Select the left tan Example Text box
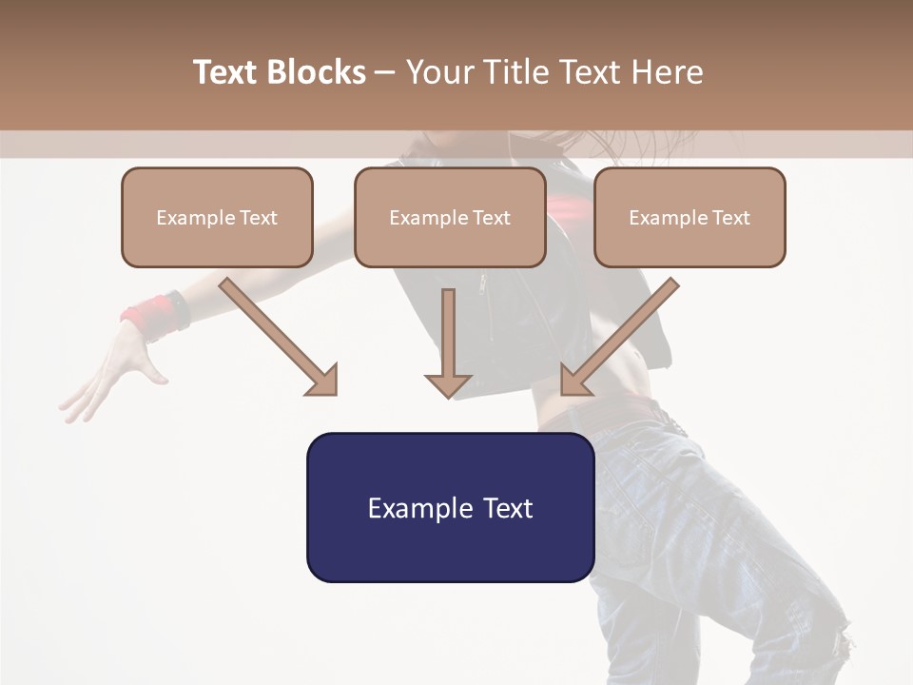[x=217, y=218]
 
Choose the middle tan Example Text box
[x=450, y=218]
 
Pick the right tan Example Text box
[x=690, y=218]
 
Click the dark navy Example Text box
[x=450, y=508]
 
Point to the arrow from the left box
[x=276, y=333]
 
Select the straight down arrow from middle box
[x=448, y=342]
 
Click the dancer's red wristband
[x=152, y=315]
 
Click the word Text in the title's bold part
[x=226, y=72]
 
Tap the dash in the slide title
[x=385, y=73]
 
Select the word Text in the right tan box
[x=730, y=218]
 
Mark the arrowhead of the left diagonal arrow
[x=323, y=381]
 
